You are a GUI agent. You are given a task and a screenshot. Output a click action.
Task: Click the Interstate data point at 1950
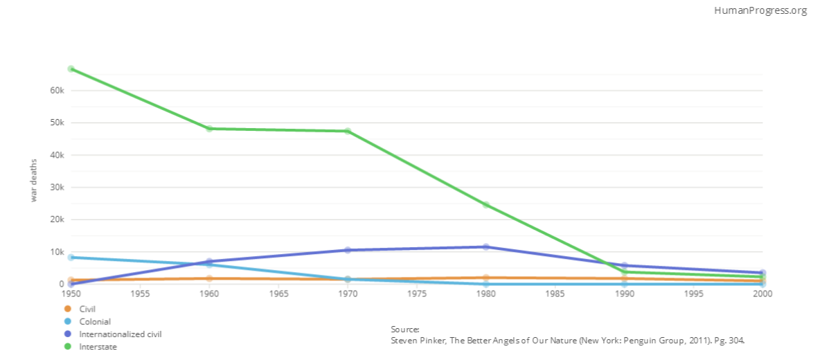[x=71, y=69]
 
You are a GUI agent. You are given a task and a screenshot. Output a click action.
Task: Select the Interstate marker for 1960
[x=209, y=129]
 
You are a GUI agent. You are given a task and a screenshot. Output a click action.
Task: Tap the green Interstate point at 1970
[x=348, y=131]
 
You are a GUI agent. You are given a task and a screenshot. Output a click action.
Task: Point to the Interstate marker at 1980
[x=486, y=205]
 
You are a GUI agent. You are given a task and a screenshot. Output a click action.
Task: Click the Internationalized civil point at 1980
[x=486, y=246]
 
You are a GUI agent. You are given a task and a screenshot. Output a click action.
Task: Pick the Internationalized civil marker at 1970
[x=348, y=250]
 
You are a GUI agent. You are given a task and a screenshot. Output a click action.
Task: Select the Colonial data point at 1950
[x=71, y=257]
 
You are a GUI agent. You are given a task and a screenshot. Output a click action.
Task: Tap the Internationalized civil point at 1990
[x=625, y=265]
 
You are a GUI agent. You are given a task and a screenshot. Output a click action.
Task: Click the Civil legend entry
[x=87, y=309]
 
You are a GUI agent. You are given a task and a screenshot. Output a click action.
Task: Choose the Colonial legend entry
[x=95, y=321]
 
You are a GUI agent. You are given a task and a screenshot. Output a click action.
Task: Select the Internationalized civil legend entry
[x=120, y=334]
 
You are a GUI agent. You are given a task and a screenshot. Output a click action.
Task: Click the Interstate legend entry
[x=98, y=347]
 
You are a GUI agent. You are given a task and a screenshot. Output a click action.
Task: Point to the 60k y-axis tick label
[x=57, y=91]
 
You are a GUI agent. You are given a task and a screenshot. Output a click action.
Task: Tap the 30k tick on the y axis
[x=57, y=188]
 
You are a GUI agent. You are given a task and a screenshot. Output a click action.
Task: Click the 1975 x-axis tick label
[x=417, y=294]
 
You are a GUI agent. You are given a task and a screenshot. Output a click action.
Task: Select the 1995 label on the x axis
[x=694, y=294]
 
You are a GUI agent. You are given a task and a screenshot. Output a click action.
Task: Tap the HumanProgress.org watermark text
[x=760, y=10]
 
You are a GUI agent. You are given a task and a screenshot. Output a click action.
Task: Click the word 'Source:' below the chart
[x=405, y=330]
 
